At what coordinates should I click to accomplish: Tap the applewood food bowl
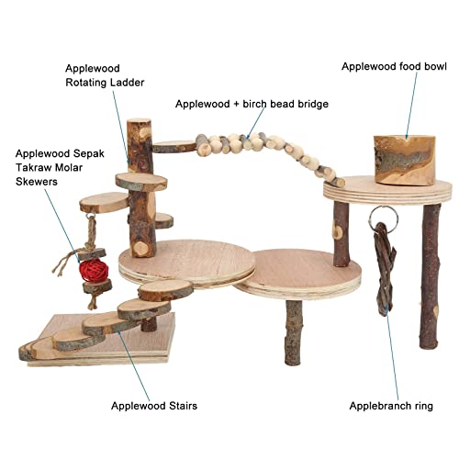click(404, 161)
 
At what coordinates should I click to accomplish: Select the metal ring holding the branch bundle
click(384, 217)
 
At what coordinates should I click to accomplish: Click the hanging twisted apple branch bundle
click(385, 268)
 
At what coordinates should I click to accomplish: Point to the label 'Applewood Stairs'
click(154, 406)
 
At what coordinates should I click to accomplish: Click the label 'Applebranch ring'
click(391, 406)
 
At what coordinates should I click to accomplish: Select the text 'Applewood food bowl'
click(394, 66)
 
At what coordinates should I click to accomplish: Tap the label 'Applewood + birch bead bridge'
click(252, 104)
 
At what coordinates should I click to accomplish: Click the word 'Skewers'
click(37, 182)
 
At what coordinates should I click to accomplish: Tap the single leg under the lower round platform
click(293, 332)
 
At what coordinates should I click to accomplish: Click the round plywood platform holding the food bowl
click(387, 189)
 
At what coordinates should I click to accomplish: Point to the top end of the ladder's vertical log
click(139, 120)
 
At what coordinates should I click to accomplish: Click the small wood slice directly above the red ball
click(92, 253)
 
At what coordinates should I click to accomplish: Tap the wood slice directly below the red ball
click(97, 286)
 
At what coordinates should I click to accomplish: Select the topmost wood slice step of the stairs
click(165, 289)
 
